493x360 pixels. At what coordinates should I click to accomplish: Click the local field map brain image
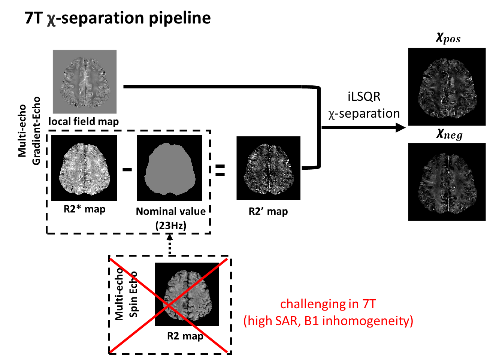[85, 82]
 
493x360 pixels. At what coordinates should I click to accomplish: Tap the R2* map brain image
[84, 168]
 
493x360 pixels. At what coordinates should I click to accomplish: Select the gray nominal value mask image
[169, 168]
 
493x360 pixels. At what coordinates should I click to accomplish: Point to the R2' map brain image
[268, 168]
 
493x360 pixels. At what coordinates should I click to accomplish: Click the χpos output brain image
[447, 87]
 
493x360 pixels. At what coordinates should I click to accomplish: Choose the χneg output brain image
[447, 182]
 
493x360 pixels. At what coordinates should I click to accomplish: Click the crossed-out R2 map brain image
[187, 294]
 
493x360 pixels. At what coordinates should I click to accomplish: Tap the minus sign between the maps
[127, 170]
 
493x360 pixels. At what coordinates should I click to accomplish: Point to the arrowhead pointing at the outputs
[401, 127]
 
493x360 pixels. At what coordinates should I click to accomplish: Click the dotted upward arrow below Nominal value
[170, 244]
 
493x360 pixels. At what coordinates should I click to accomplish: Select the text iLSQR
[364, 97]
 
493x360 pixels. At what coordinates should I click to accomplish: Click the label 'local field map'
[84, 121]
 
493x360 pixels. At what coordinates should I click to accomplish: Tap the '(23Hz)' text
[171, 226]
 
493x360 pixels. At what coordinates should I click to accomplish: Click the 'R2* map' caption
[84, 209]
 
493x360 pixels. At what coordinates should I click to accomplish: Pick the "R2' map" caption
[268, 212]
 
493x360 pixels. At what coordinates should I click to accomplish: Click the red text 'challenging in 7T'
[328, 304]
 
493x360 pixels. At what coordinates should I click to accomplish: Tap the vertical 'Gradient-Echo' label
[36, 131]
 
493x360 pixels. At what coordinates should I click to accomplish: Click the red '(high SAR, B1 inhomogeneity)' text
[328, 321]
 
